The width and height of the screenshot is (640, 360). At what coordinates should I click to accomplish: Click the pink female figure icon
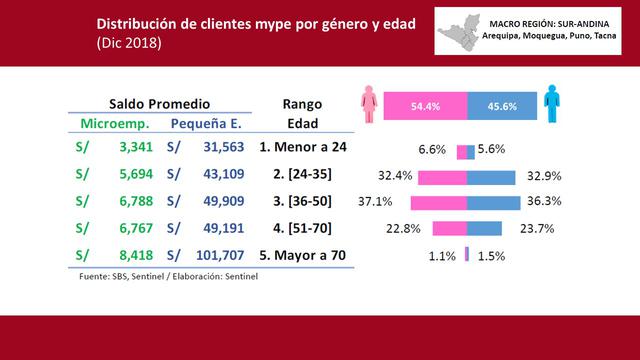[371, 104]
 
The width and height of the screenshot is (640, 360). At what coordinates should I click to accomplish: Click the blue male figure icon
[551, 104]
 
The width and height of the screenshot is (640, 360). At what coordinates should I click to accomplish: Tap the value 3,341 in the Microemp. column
[133, 149]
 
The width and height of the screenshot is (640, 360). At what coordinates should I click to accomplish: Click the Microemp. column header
[115, 124]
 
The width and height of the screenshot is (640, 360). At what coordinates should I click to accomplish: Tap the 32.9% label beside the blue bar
[544, 175]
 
